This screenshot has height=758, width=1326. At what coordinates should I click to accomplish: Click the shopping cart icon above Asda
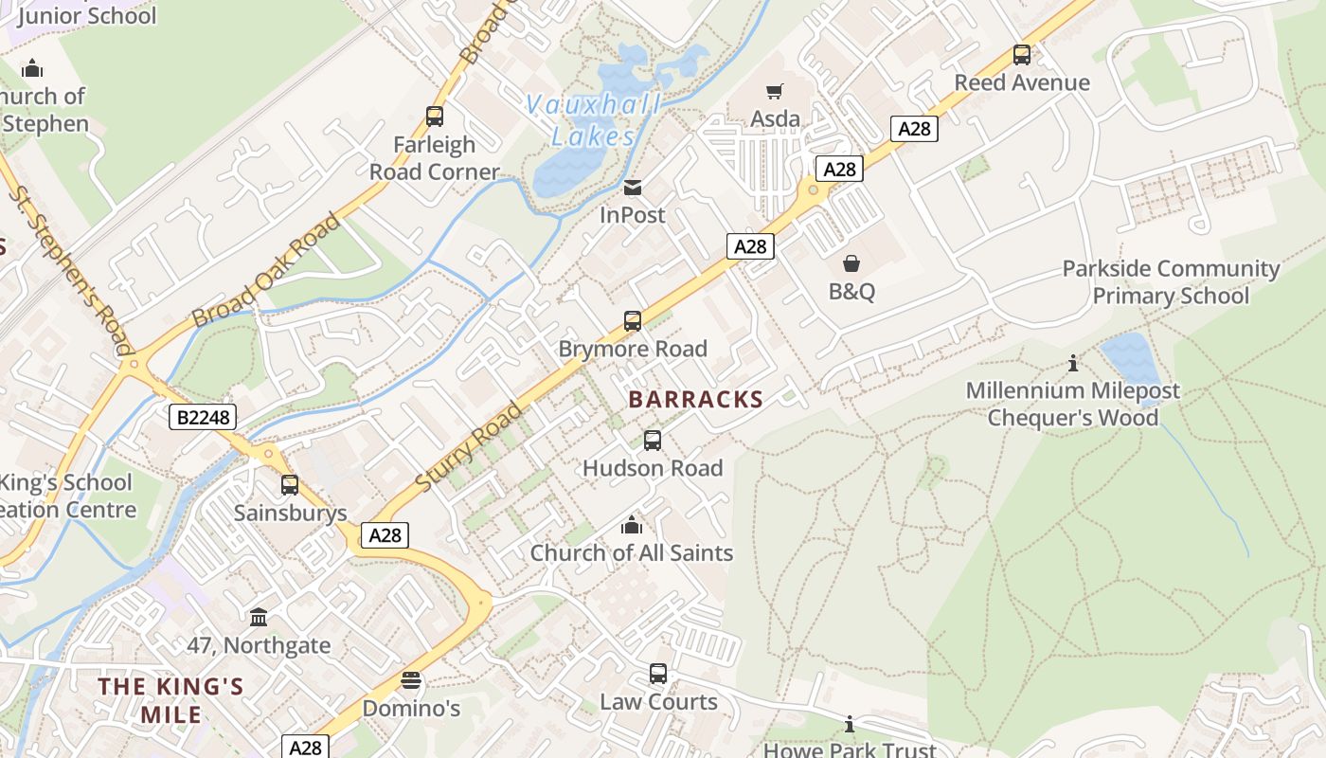tap(775, 91)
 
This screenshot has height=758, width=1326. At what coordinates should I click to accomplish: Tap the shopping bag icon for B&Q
tap(851, 263)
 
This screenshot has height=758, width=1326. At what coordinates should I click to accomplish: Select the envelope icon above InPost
tap(633, 188)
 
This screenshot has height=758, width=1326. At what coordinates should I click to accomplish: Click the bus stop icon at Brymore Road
tap(633, 321)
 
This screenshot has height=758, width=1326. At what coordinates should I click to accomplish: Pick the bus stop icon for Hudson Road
tap(653, 441)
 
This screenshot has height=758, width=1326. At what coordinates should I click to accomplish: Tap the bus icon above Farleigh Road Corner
tap(435, 117)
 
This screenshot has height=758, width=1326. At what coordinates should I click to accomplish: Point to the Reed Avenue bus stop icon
tap(1022, 55)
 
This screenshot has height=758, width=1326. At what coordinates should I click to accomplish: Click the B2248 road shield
tap(202, 417)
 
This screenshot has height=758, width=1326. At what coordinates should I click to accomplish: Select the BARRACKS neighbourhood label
tap(695, 400)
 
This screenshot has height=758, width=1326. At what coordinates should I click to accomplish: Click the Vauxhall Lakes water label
tap(594, 120)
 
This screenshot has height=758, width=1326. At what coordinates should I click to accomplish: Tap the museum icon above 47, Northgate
tap(259, 618)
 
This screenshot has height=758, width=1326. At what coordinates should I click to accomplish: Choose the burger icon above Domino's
tap(410, 680)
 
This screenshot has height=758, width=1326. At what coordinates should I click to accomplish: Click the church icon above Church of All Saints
tap(632, 525)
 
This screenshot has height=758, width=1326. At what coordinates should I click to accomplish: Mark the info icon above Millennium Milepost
tap(1073, 363)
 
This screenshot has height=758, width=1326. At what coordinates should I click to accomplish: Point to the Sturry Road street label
tap(469, 447)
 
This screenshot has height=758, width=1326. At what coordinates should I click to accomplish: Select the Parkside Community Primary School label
tap(1171, 282)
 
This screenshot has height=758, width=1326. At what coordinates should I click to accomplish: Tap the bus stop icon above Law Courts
tap(658, 674)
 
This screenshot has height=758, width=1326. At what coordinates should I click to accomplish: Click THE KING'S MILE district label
tap(171, 700)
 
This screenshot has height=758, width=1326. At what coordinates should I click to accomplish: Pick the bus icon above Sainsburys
tap(290, 485)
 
